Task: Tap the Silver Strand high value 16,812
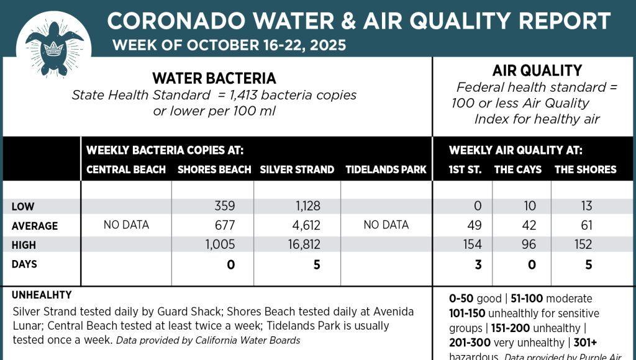[299, 245]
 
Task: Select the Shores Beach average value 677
[222, 225]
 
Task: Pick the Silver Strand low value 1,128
[304, 206]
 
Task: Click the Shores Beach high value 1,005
[220, 245]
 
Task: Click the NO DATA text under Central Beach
[126, 225]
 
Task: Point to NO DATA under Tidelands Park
[386, 225]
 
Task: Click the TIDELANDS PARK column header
[386, 169]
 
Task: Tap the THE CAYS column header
[517, 169]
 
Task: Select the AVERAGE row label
[35, 226]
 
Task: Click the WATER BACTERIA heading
[214, 78]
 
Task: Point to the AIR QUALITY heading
[537, 71]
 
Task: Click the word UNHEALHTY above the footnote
[42, 295]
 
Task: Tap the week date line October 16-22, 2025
[229, 45]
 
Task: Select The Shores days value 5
[588, 265]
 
